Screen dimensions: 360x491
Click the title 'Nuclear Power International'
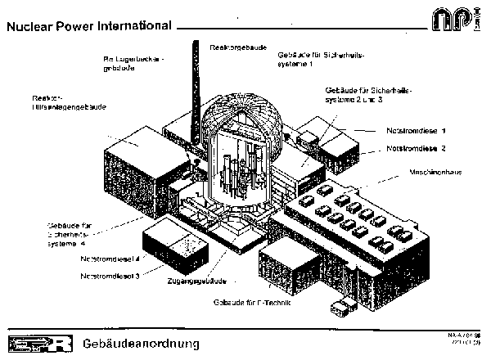[x=88, y=25]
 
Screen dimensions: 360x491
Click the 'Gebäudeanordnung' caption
[x=140, y=341]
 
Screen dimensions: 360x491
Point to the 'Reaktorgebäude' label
[x=236, y=48]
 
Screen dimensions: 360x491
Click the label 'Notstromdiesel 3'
[x=110, y=277]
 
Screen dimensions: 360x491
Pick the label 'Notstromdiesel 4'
[x=110, y=259]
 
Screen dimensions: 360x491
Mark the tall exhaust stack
[x=196, y=90]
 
